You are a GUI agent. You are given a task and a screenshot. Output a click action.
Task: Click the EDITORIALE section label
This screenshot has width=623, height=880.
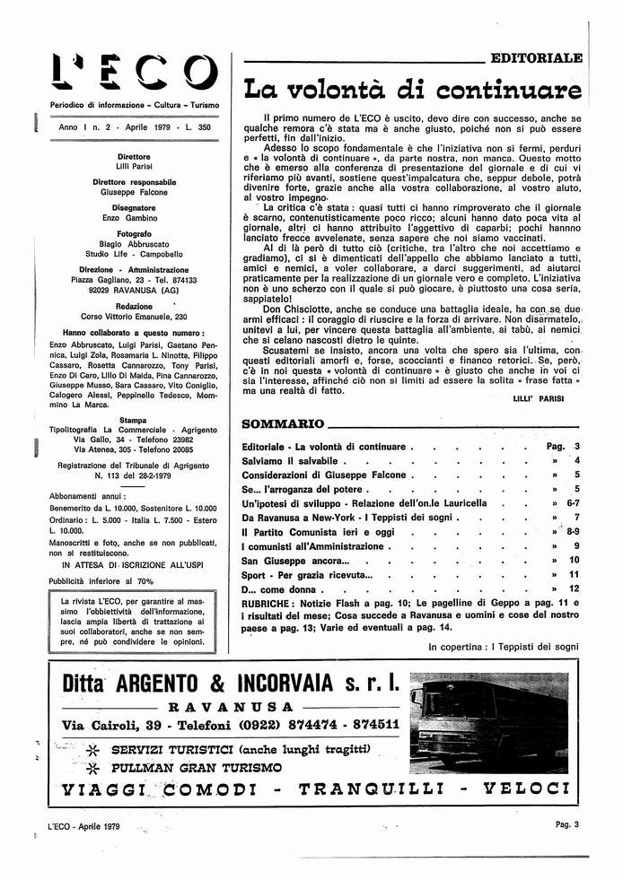(x=536, y=57)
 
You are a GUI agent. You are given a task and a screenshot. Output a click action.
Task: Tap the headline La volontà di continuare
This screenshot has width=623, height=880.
(x=412, y=90)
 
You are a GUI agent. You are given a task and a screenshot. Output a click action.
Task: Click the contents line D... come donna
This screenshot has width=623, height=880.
(x=279, y=588)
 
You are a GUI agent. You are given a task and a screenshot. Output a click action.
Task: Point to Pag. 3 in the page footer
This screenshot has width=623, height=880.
(x=567, y=825)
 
